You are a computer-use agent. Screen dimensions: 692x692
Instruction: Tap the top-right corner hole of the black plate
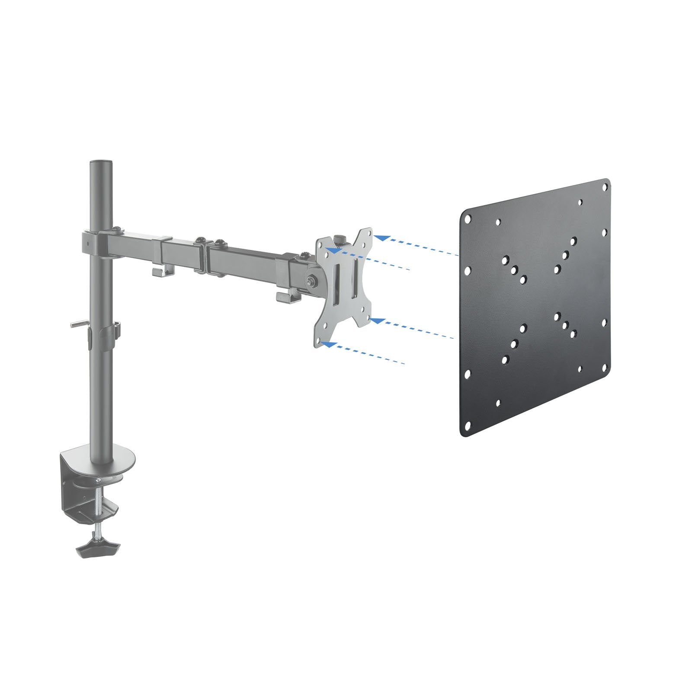coord(605,186)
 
